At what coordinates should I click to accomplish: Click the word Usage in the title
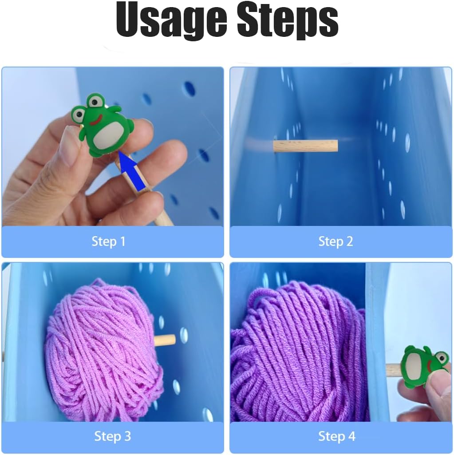click(x=171, y=21)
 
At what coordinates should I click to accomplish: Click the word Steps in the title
click(x=288, y=21)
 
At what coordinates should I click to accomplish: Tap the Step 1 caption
click(x=108, y=241)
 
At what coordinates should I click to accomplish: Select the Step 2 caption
click(x=336, y=241)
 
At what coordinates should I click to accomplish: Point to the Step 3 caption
click(x=113, y=436)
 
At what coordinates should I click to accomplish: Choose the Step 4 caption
click(x=337, y=436)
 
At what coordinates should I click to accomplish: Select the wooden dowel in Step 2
click(x=305, y=146)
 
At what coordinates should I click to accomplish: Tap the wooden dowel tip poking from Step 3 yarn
click(x=165, y=340)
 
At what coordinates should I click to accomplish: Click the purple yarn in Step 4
click(x=299, y=352)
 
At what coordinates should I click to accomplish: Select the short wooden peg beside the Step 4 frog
click(x=394, y=370)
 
